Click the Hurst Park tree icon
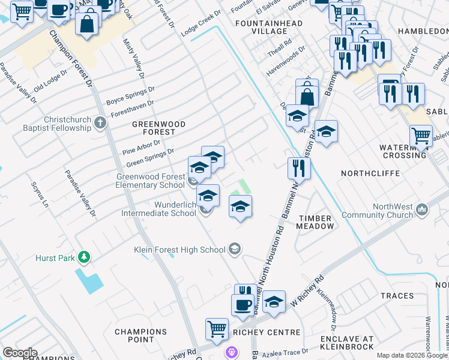(x=85, y=257)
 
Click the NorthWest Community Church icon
(x=422, y=209)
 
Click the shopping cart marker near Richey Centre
(x=217, y=328)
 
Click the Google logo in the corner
(x=20, y=353)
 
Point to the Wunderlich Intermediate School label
(x=158, y=208)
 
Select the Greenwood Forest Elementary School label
(x=150, y=181)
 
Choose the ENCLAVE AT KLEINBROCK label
(x=348, y=343)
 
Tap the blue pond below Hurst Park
(x=89, y=281)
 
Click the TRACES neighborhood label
(x=397, y=296)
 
